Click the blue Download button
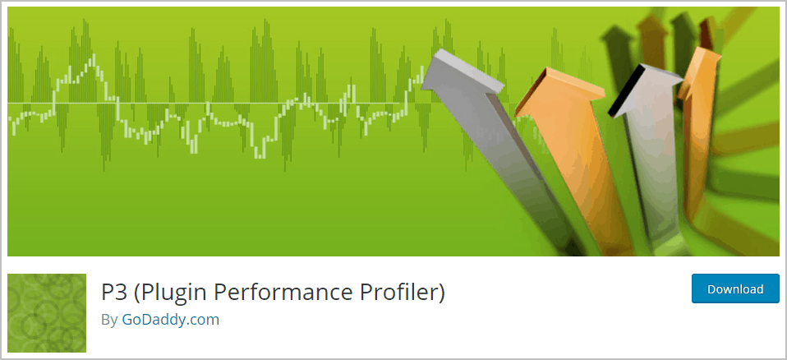click(x=735, y=288)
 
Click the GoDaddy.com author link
click(x=171, y=320)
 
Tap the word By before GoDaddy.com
click(x=109, y=320)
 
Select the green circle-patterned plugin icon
click(x=47, y=313)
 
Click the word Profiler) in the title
click(x=398, y=292)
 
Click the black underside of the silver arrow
click(x=625, y=90)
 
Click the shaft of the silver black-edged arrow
click(x=652, y=166)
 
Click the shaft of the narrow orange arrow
click(x=695, y=160)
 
